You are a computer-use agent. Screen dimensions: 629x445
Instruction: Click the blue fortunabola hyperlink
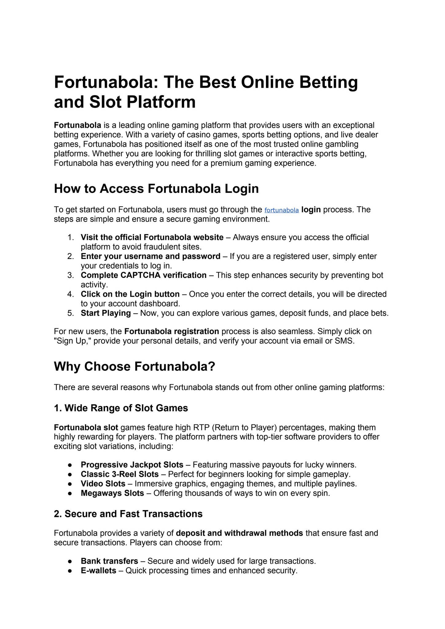[281, 210]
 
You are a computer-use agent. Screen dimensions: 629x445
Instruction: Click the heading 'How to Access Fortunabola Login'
[156, 189]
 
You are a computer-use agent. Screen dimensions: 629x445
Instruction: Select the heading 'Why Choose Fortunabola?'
[135, 366]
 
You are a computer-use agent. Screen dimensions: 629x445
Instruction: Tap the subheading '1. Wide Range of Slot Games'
[121, 408]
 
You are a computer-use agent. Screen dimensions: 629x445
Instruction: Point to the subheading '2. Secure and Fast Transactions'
[128, 514]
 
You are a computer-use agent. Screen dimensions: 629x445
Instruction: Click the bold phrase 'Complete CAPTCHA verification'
[143, 275]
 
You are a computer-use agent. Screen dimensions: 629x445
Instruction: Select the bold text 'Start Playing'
[106, 313]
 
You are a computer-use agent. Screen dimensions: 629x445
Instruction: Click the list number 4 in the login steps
[71, 294]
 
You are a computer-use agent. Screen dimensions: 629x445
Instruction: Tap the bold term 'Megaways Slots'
[112, 493]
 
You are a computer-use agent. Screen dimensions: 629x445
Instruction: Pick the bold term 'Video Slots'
[103, 484]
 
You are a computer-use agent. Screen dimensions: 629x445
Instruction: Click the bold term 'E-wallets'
[98, 571]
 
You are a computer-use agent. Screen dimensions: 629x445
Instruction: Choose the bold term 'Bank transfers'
[109, 561]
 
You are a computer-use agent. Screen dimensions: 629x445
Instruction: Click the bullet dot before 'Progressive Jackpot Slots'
[70, 465]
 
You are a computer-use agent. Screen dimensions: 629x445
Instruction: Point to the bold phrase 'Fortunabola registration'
[171, 331]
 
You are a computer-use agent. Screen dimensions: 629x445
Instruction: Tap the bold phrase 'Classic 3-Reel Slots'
[120, 474]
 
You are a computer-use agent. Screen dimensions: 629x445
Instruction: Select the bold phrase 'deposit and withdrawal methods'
[240, 533]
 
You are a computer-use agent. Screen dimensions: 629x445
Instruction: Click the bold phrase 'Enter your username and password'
[150, 256]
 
